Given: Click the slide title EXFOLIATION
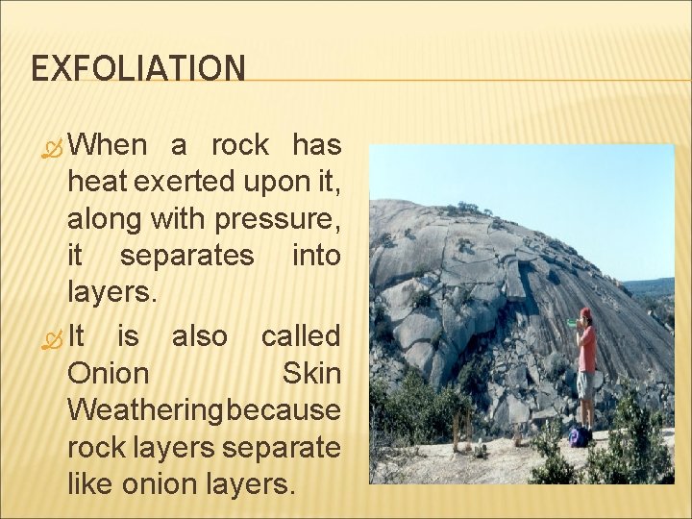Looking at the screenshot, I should point(138,68).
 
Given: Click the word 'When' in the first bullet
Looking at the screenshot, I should point(108,145).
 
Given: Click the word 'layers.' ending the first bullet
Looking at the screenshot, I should point(111,292).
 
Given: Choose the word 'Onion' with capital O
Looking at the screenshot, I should point(109,373).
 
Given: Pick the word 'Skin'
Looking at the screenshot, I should point(311,373).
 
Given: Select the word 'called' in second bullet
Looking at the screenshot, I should point(301,336).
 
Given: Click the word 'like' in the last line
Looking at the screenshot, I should point(91,483).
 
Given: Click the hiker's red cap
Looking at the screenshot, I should point(585,313).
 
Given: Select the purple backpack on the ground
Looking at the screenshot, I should point(578,437).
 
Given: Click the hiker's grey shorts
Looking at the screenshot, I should point(585,384).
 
